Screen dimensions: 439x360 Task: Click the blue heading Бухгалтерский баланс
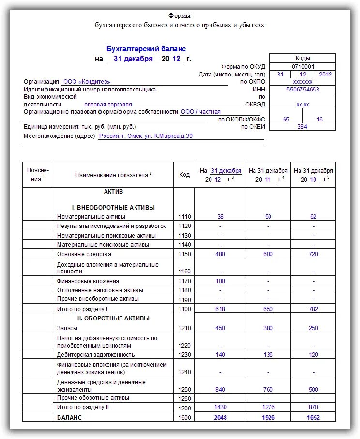(146, 49)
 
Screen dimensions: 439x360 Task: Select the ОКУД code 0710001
(302, 66)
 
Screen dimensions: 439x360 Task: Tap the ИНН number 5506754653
(302, 90)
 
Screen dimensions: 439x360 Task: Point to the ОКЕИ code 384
(302, 126)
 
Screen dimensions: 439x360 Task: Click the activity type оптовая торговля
(108, 104)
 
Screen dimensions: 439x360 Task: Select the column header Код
(184, 175)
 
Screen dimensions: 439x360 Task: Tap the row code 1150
(184, 254)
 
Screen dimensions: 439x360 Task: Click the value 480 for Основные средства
(220, 254)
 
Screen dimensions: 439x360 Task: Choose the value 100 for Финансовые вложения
(220, 281)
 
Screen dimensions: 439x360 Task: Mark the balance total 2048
(220, 418)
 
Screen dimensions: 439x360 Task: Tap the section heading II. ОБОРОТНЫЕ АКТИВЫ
(114, 318)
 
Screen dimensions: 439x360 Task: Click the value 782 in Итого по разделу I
(313, 308)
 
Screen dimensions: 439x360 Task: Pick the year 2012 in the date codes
(325, 74)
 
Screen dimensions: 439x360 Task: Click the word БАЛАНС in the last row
(69, 417)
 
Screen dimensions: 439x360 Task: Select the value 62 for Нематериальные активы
(313, 217)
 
